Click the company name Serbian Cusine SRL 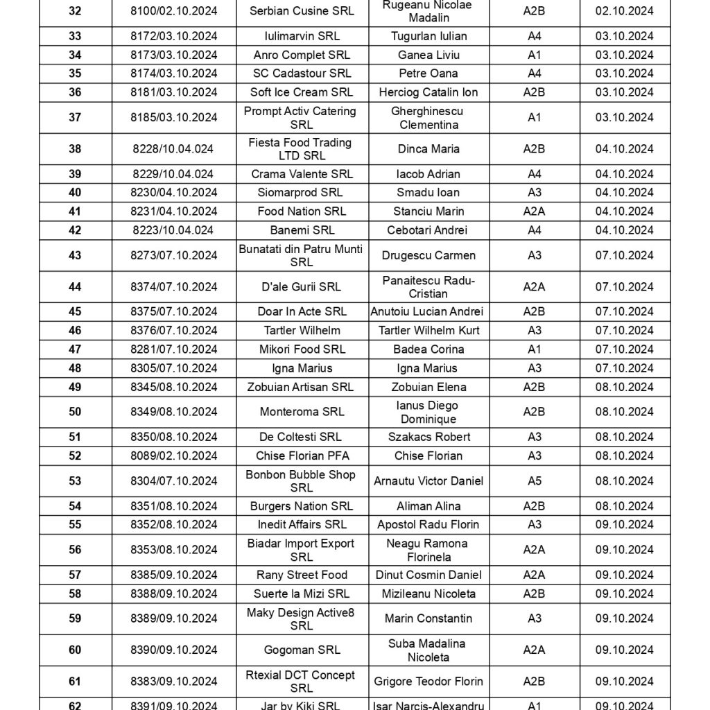[302, 11]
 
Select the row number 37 [75, 117]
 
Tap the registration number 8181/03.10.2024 [173, 92]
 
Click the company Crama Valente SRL [302, 174]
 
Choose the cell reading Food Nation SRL [302, 211]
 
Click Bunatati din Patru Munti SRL [302, 255]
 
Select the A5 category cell [534, 480]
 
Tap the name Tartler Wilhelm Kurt [429, 331]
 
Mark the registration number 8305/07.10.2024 [173, 368]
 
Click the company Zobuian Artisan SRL [302, 387]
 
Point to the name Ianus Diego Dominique [428, 412]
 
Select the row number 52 [75, 456]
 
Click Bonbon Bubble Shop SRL [302, 480]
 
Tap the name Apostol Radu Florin [428, 525]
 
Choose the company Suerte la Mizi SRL [302, 594]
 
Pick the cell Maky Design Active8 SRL [302, 618]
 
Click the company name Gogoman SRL [302, 650]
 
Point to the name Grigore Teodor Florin [428, 682]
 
